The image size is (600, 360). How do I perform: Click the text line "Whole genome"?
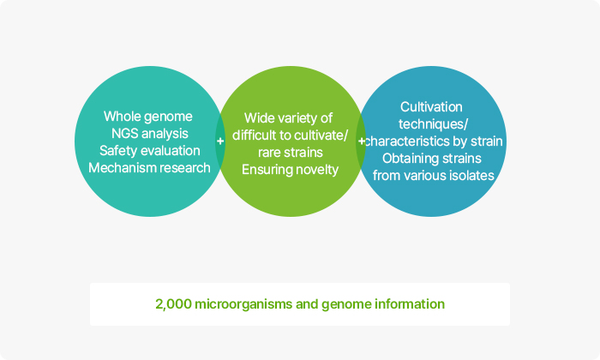tap(148, 117)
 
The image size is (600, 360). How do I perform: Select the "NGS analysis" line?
tap(150, 134)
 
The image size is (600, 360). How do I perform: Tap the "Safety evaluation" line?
tap(150, 150)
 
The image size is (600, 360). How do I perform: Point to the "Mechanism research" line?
tap(149, 167)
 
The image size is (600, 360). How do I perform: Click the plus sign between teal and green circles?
tap(220, 141)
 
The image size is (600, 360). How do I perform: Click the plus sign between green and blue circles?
tap(361, 141)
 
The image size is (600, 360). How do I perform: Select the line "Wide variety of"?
tap(288, 117)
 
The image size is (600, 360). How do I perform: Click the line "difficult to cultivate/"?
tap(290, 135)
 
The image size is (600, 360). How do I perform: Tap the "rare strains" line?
tap(291, 153)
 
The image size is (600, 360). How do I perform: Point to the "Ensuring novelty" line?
tap(290, 170)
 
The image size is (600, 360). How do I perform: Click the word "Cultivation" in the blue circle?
tap(431, 107)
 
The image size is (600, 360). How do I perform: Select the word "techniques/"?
tap(433, 124)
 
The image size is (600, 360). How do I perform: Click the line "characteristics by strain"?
tap(434, 141)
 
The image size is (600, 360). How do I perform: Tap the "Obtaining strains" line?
tap(432, 159)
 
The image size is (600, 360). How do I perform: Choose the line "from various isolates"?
tap(434, 176)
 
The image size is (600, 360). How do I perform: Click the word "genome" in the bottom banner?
tap(346, 305)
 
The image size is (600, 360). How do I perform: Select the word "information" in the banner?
tap(410, 304)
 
